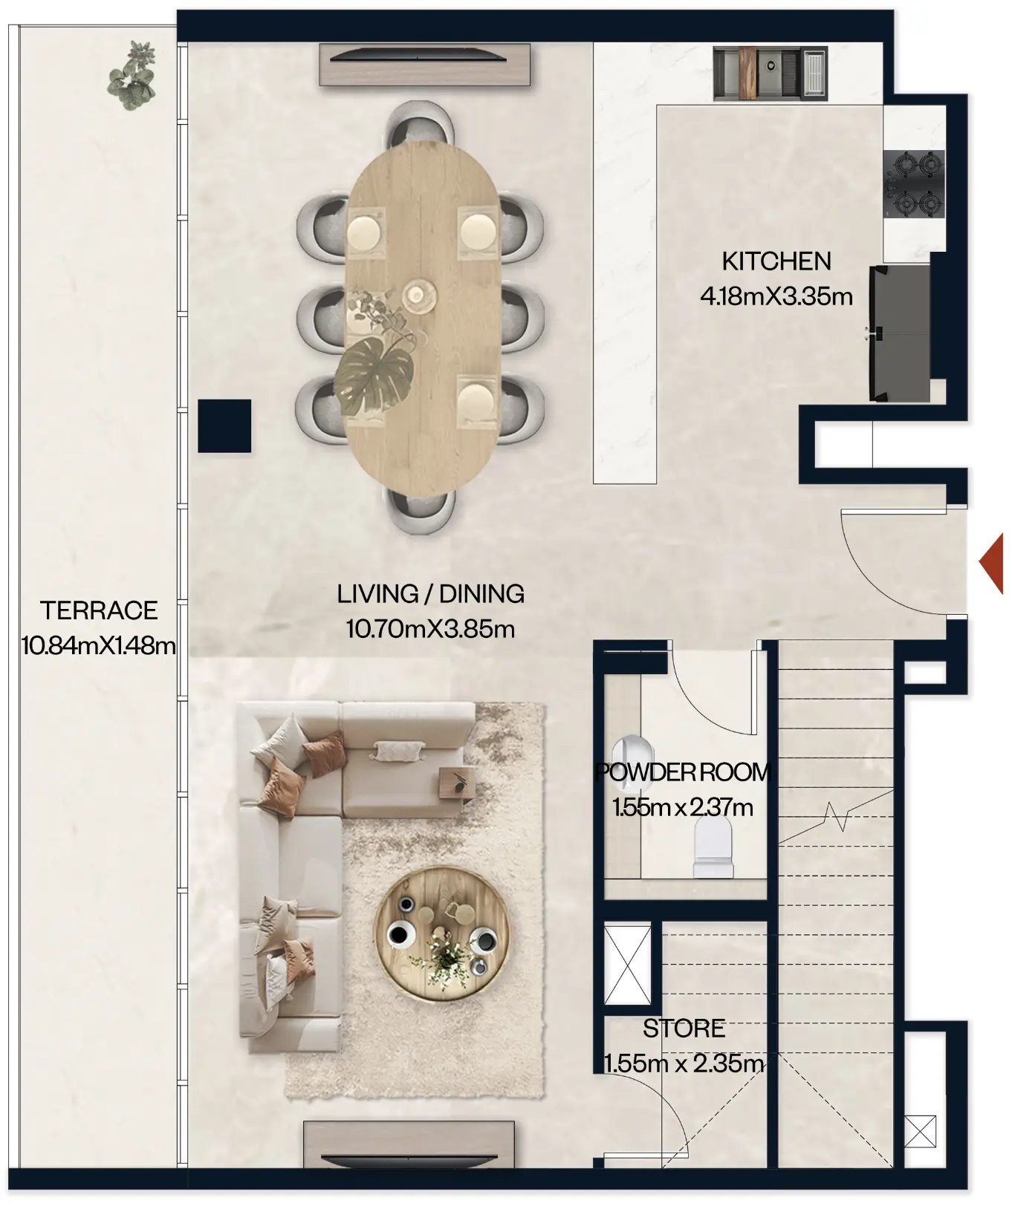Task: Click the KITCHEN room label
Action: pos(776,261)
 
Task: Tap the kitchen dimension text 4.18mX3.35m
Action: pos(776,296)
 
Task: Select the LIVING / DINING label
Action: pos(430,594)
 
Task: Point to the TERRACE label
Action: pos(99,610)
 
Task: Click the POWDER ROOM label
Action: pos(683,772)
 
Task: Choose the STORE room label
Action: pos(684,1029)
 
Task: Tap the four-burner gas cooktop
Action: pos(913,183)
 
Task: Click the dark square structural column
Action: pos(224,426)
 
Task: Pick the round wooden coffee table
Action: pos(442,933)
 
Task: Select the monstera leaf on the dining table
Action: pos(375,376)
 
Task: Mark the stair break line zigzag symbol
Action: pos(840,816)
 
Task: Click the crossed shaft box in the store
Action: pos(628,965)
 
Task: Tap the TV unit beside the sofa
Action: pos(409,1144)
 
